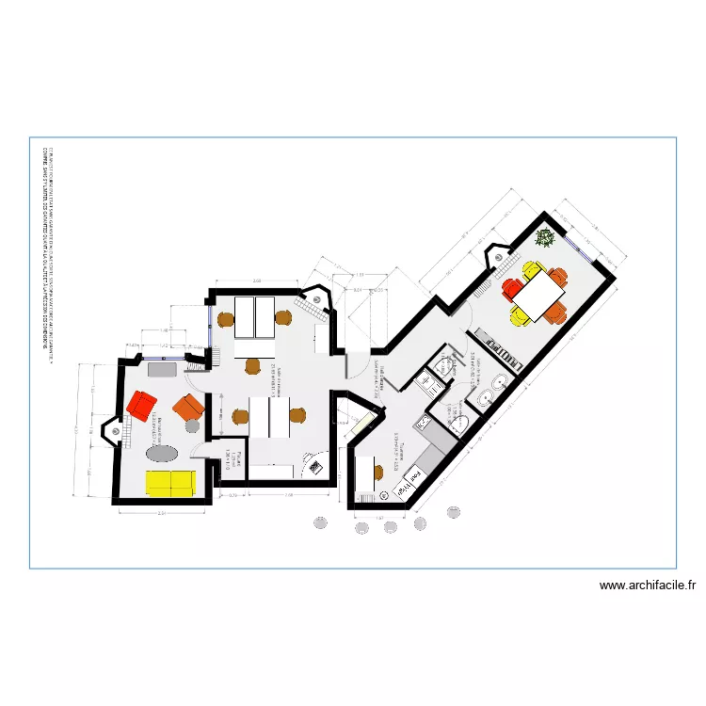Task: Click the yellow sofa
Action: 170,482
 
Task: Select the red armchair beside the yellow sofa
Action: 141,406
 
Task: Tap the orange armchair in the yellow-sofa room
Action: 188,408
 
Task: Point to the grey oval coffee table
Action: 164,452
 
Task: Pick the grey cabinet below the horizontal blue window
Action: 162,368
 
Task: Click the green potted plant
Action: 544,237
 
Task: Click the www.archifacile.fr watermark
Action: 648,586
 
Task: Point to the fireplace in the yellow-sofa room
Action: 119,431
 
